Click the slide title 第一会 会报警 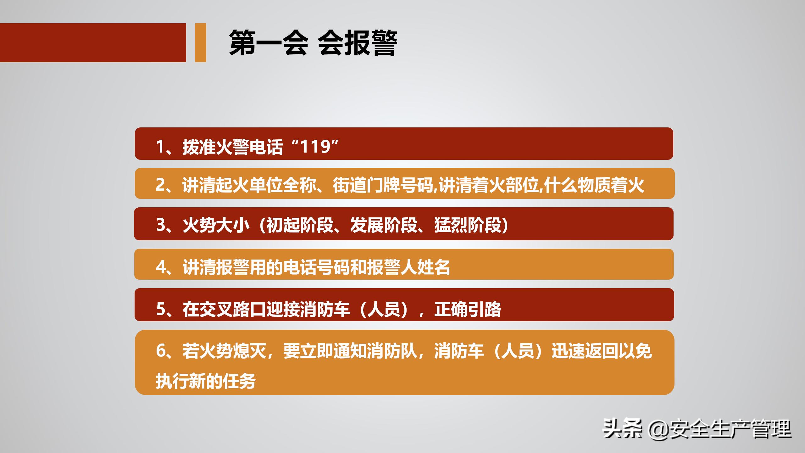click(313, 43)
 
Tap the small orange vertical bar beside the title click(200, 43)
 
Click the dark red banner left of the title click(93, 43)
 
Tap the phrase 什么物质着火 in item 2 click(594, 185)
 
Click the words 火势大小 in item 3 click(216, 225)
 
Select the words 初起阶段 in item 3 click(300, 225)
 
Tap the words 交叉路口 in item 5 click(233, 309)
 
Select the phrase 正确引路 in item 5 click(468, 309)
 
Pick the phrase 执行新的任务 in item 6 click(206, 381)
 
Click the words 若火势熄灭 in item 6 click(224, 351)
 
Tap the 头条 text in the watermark click(622, 429)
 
